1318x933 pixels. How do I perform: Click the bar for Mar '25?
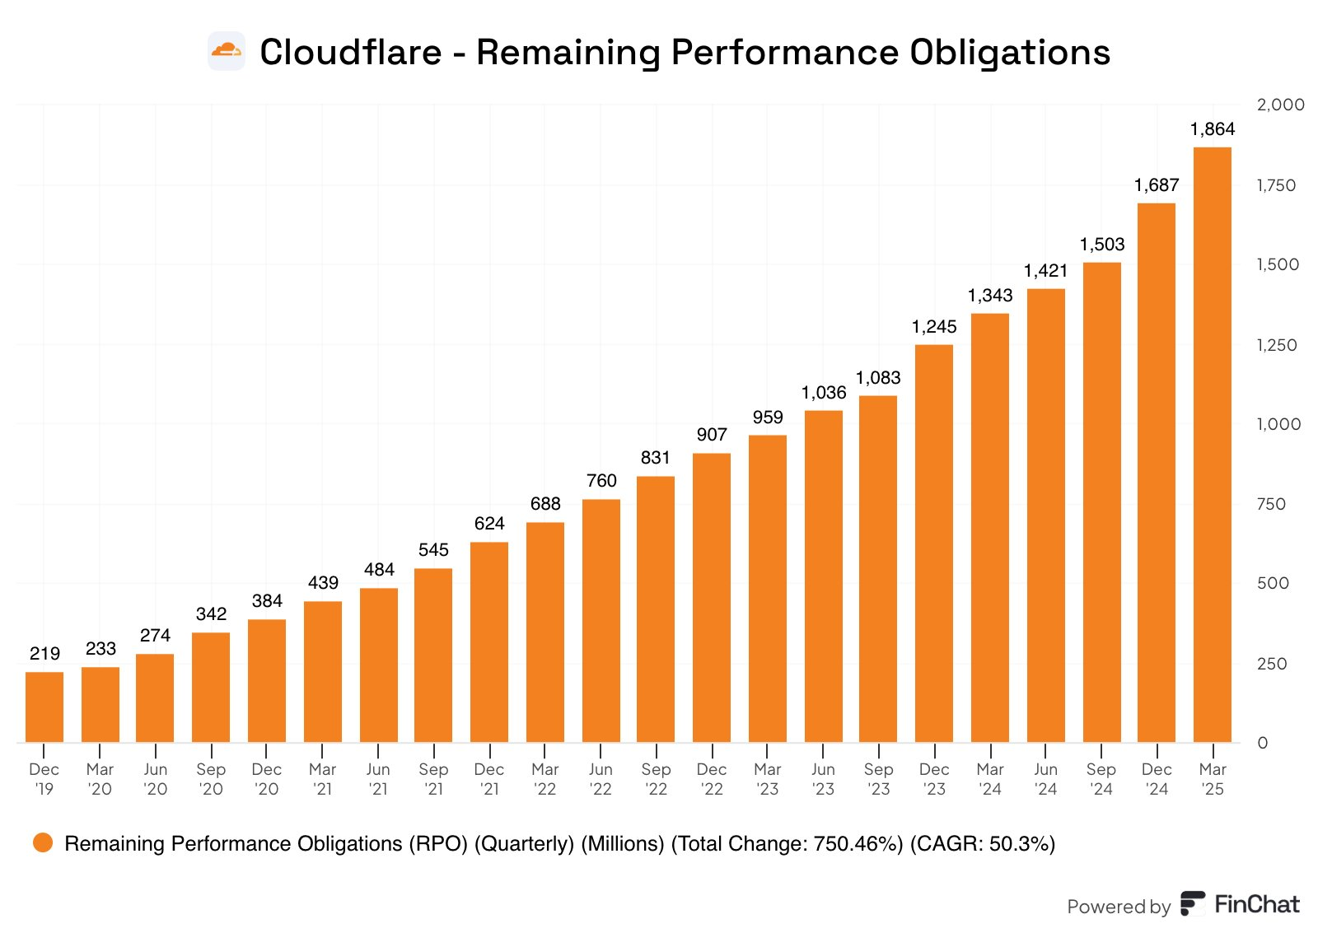[1212, 445]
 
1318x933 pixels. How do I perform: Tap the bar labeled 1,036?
[823, 576]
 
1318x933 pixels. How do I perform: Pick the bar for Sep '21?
[433, 655]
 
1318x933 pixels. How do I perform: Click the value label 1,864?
[1213, 129]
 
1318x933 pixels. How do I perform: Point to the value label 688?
[545, 504]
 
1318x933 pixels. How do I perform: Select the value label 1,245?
[934, 327]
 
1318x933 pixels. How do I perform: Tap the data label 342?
[211, 614]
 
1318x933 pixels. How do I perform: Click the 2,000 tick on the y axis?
[1280, 105]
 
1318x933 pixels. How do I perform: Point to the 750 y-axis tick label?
[1271, 504]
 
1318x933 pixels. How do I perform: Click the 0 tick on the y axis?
[1263, 743]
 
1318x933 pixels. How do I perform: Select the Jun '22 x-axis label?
[601, 779]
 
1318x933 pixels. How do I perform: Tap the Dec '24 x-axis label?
[1157, 779]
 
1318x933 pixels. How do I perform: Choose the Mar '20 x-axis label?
[100, 779]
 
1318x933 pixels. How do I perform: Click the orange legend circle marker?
[43, 842]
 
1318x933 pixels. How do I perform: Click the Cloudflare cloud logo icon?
[227, 51]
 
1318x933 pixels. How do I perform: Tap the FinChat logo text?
[1256, 904]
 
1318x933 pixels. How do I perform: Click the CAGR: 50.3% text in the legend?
[982, 843]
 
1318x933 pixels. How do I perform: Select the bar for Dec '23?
[934, 543]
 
